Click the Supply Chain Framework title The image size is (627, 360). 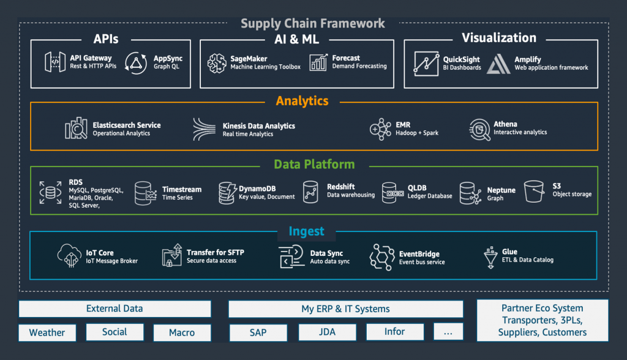313,23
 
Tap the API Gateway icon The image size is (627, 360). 55,62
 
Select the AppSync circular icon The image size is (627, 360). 136,63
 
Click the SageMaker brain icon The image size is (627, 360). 217,63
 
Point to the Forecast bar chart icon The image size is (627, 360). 318,63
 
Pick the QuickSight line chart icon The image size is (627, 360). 426,64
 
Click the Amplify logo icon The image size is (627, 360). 498,64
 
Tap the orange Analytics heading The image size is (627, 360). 302,101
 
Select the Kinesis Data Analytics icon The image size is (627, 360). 205,129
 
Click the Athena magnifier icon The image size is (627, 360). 480,130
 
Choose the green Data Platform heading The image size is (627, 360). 314,164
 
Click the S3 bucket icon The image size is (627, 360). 534,191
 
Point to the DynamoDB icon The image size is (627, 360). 228,193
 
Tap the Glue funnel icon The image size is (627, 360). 490,257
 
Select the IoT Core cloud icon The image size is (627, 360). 70,255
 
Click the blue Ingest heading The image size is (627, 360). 306,231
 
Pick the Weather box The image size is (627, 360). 47,333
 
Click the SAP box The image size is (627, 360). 258,333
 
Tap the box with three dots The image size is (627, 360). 448,332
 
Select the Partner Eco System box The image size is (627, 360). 543,320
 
